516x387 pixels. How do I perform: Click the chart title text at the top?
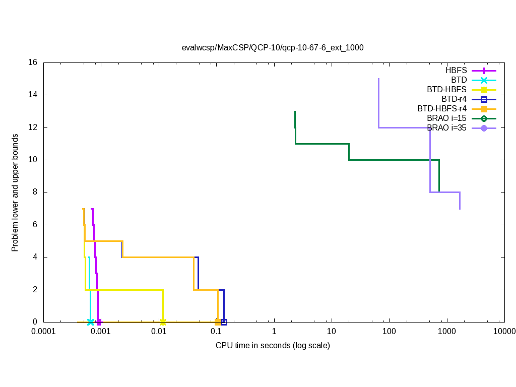[x=273, y=47]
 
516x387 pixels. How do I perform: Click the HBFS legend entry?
[x=456, y=71]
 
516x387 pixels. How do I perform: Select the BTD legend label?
[x=459, y=80]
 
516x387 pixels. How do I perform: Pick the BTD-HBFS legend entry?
[x=446, y=90]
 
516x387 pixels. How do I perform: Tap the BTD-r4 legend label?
[x=454, y=99]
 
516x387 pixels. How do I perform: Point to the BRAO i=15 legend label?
[x=446, y=118]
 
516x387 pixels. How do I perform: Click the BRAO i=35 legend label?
[x=446, y=127]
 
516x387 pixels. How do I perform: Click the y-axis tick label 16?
[x=33, y=62]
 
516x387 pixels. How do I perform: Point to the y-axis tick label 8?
[x=35, y=192]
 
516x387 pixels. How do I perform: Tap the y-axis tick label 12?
[x=33, y=127]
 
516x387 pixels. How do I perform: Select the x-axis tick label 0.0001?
[x=43, y=332]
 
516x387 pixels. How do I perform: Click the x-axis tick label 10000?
[x=504, y=332]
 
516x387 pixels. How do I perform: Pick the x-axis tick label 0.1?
[x=216, y=332]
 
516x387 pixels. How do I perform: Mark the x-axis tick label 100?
[x=389, y=332]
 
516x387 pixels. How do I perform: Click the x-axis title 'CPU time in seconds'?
[x=273, y=346]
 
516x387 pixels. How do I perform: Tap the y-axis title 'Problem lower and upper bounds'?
[x=15, y=192]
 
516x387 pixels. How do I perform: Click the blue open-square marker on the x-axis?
[x=224, y=322]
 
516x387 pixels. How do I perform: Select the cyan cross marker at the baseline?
[x=90, y=322]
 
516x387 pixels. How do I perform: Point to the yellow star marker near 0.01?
[x=163, y=322]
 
